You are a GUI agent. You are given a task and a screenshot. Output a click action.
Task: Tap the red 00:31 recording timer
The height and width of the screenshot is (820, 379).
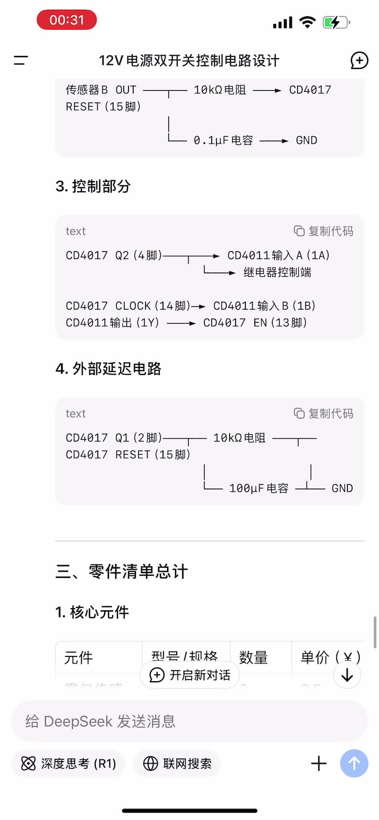point(67,20)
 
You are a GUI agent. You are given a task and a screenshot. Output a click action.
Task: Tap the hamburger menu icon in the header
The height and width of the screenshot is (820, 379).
point(20,61)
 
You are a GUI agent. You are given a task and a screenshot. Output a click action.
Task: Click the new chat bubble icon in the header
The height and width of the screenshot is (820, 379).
point(359,61)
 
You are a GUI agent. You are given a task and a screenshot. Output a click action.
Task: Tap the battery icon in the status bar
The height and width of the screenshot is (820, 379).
point(336,22)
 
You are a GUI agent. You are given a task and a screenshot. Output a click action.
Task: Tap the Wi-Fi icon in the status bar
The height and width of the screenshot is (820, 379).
point(307,22)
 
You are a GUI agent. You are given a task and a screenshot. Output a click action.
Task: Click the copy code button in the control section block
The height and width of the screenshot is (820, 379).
point(324,231)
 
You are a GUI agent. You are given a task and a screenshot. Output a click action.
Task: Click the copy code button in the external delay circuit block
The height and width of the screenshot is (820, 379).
point(324,413)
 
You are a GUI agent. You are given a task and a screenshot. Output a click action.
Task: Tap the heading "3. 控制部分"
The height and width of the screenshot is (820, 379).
point(93,186)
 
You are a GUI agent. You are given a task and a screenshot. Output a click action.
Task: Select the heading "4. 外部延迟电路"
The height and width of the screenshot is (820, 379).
point(108,369)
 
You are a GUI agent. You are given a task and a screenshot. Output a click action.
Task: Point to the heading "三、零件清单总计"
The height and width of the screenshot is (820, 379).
point(122,571)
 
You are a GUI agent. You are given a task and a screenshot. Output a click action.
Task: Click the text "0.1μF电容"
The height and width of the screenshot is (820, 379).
point(223,141)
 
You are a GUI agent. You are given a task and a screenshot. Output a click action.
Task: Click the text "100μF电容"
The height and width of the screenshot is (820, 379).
point(259,488)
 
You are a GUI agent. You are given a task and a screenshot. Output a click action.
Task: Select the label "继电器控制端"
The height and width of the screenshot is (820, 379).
point(277,272)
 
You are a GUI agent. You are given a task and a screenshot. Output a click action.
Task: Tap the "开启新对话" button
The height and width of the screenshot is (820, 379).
point(190,675)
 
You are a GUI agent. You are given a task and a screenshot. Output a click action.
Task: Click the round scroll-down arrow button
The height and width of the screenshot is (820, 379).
point(347,675)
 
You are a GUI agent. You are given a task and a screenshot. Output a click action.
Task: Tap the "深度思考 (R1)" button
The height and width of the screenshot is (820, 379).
point(68,764)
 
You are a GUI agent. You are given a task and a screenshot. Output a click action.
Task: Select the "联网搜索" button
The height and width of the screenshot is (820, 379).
point(177,764)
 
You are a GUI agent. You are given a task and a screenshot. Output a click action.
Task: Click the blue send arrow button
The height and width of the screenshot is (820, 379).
point(354,764)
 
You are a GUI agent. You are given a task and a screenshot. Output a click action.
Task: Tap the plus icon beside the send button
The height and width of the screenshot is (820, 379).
point(319,764)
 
